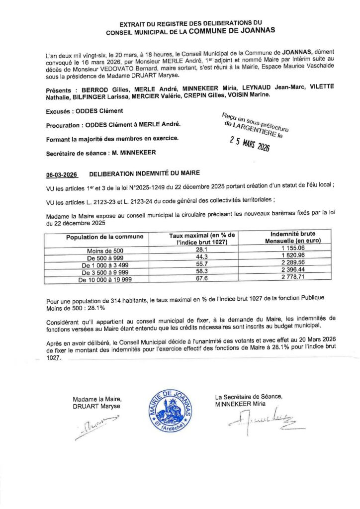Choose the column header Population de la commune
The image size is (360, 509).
[105, 237]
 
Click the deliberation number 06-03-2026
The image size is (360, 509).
[61, 175]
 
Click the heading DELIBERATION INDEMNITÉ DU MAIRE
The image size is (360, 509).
[144, 174]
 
